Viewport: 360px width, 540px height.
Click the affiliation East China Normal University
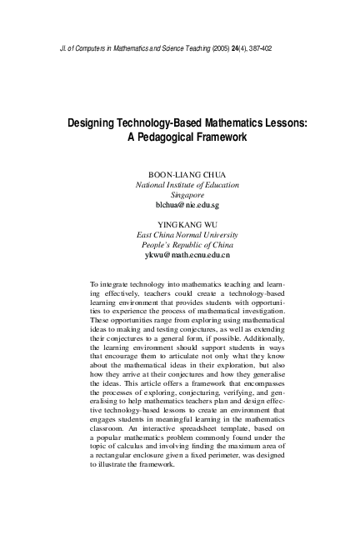click(x=187, y=235)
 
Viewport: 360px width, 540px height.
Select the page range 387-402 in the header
click(x=254, y=48)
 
